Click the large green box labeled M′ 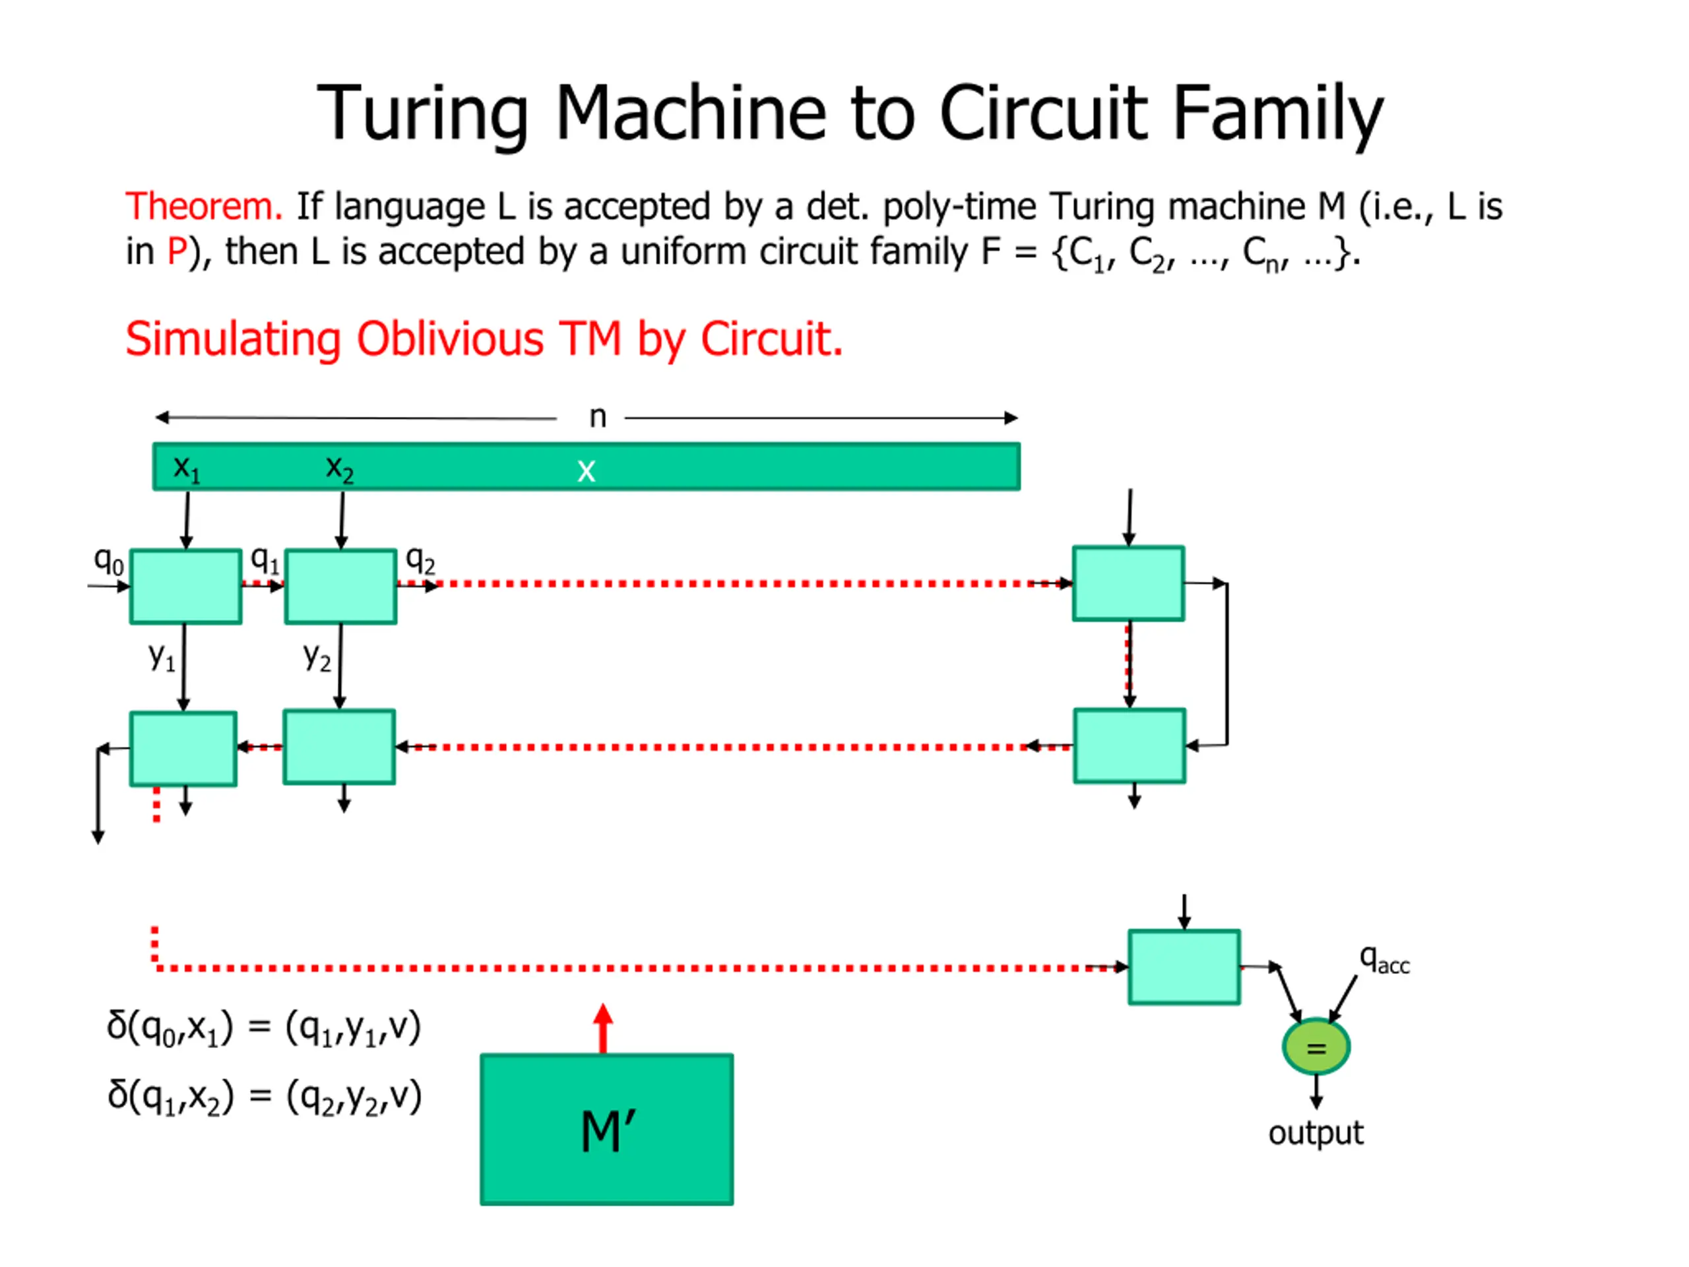pos(606,1129)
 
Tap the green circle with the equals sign pos(1316,1047)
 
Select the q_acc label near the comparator pos(1384,959)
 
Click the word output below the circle pos(1315,1132)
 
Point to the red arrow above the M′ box pos(603,1028)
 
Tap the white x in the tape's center pos(586,471)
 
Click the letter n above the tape pos(597,417)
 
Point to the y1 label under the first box pos(162,656)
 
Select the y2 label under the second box pos(317,657)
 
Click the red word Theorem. pos(204,207)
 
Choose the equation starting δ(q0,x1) pos(263,1028)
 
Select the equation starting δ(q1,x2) pos(263,1097)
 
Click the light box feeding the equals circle pos(1184,967)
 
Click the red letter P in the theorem pos(176,252)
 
